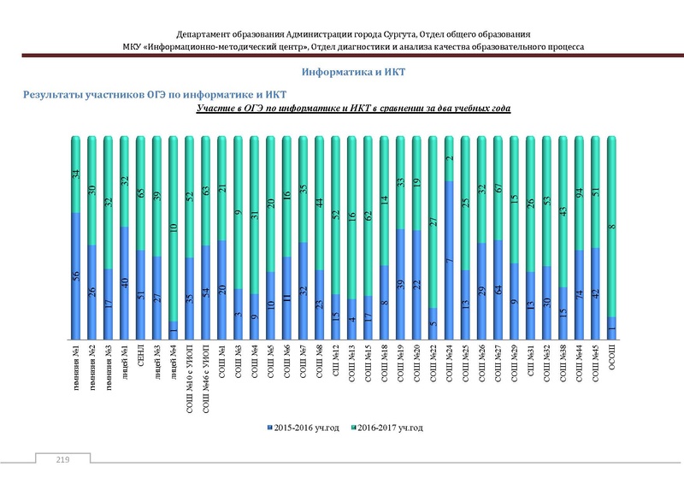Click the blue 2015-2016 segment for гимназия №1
[x=76, y=274]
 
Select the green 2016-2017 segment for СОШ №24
[x=449, y=158]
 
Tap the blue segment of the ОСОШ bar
[x=612, y=328]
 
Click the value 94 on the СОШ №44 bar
[x=580, y=192]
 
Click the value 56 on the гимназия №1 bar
[x=76, y=275]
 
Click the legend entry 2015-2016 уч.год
[x=304, y=426]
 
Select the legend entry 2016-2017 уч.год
[x=389, y=426]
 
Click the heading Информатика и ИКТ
[x=353, y=73]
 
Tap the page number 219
[x=62, y=461]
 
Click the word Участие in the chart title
[x=216, y=110]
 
